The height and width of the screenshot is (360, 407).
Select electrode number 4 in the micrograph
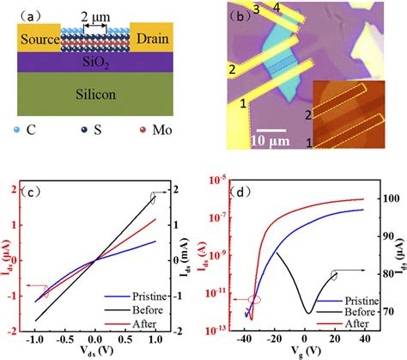coord(276,9)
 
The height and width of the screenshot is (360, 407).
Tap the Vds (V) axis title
coord(100,352)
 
